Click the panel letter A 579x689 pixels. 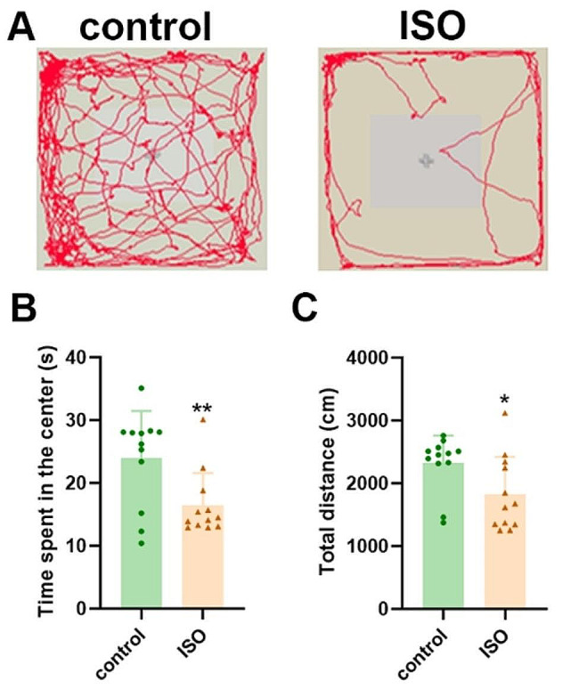[x=20, y=27]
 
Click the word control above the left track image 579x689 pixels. [x=144, y=27]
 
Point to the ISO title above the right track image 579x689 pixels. [x=432, y=27]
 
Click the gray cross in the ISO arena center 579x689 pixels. [x=426, y=160]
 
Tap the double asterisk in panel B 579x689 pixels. [x=203, y=409]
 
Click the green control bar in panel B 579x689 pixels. [x=141, y=534]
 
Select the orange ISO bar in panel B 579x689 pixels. [x=203, y=556]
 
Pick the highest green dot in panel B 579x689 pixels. [x=141, y=389]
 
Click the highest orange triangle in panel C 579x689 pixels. [x=504, y=413]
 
